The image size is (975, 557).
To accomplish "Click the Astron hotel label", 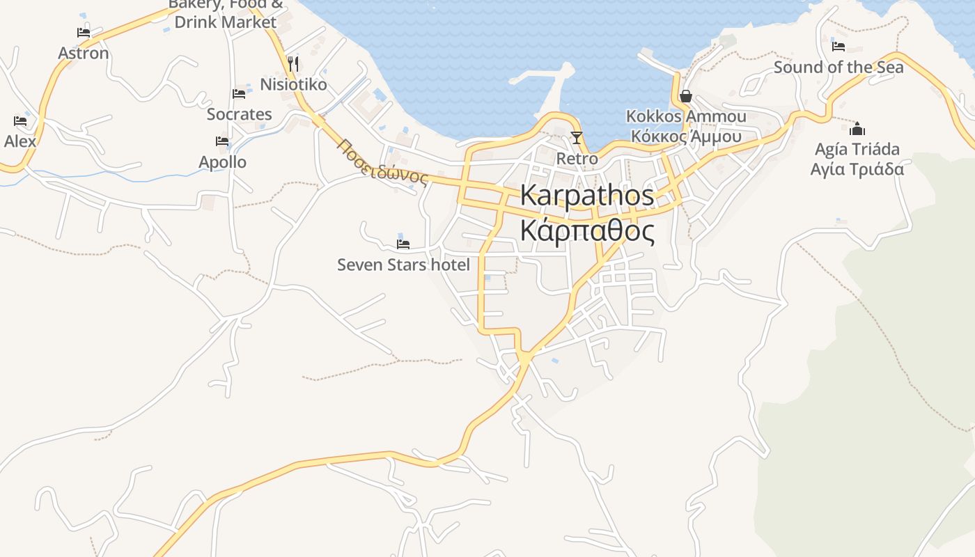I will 84,54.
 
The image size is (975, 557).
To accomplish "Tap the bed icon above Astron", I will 84,32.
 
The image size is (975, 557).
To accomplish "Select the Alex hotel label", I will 19,141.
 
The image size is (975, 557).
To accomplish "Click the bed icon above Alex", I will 20,121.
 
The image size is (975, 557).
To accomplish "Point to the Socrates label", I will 239,114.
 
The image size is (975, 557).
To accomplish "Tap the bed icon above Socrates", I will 239,93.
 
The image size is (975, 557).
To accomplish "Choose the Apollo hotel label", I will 222,162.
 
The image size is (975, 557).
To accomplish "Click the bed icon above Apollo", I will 222,141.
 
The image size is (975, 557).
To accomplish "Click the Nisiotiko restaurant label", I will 293,85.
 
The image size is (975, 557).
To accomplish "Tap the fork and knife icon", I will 293,64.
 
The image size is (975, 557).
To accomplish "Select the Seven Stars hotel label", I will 403,265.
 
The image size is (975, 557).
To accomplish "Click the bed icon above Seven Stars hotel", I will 403,244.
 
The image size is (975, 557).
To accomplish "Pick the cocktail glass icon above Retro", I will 577,137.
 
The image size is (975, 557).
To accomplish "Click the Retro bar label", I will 577,159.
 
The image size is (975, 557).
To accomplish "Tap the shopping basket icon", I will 686,95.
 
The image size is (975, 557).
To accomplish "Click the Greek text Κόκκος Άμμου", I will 686,136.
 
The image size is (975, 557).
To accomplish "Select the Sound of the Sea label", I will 838,68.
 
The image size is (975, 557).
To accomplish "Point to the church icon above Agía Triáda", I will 857,129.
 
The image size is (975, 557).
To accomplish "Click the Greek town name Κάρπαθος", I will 587,231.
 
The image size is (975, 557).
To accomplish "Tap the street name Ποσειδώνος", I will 382,163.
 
